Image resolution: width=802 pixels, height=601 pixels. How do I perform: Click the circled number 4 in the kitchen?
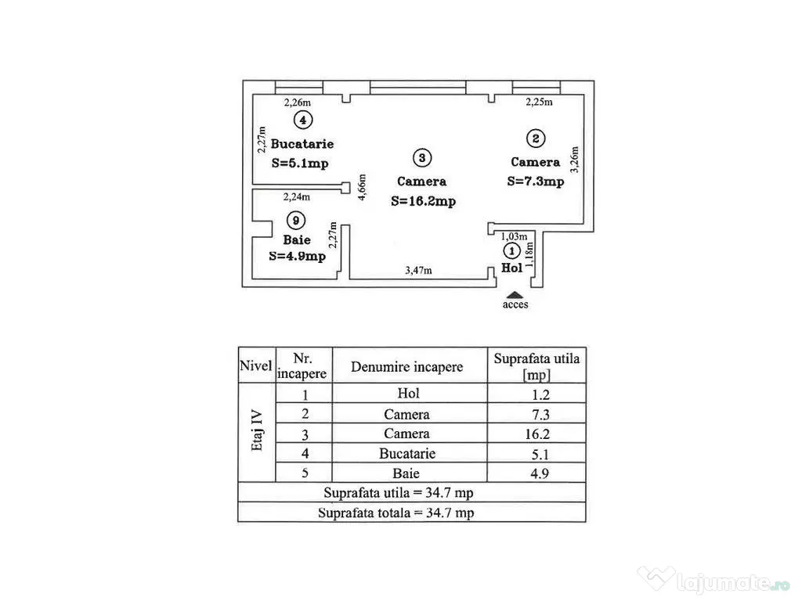point(302,120)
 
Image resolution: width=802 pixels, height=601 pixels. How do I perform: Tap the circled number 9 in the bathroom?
point(295,220)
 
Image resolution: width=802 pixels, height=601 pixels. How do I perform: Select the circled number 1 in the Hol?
point(511,251)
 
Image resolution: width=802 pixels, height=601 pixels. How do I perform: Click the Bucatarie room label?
point(302,144)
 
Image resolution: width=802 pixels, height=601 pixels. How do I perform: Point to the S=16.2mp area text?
point(423,201)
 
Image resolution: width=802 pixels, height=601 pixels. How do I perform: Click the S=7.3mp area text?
point(535,182)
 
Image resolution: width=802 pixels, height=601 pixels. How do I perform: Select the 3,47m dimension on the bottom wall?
point(418,271)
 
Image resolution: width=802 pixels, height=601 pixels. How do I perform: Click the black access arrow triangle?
point(515,293)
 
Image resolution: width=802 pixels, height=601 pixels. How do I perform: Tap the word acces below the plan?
point(515,304)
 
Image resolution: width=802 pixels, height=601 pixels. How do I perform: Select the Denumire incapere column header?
point(406,366)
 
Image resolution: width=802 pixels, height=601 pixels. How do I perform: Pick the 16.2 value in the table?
point(536,434)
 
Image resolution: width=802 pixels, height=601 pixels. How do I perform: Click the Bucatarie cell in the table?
point(406,453)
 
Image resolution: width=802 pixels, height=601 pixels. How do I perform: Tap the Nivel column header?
point(256,366)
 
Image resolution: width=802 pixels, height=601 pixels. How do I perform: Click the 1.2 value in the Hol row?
point(536,394)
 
